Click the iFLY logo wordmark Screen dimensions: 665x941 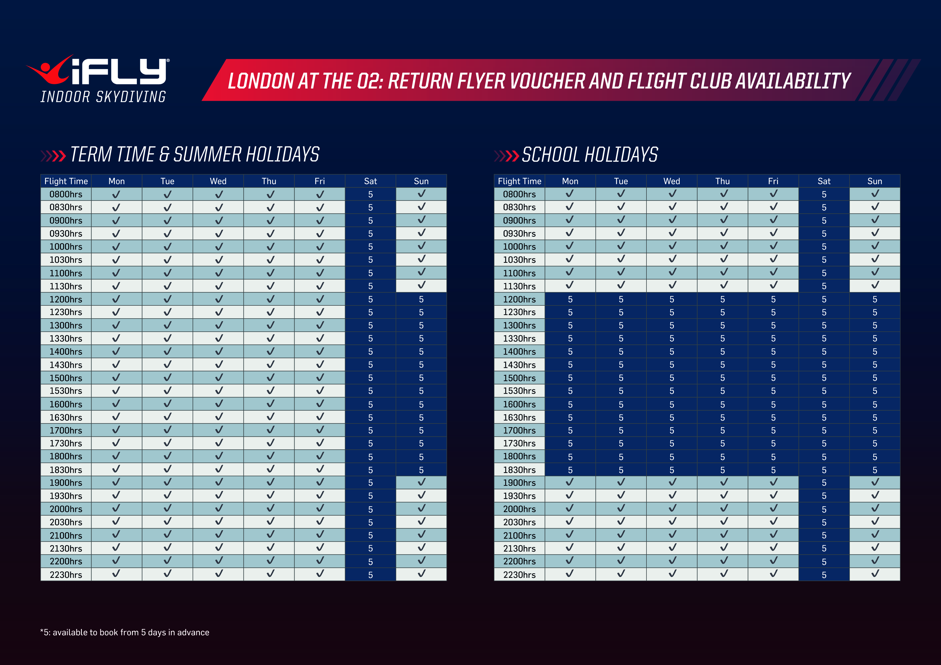119,72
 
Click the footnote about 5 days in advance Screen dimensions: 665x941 124,632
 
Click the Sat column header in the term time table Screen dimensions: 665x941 370,181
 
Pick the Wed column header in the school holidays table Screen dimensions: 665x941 671,181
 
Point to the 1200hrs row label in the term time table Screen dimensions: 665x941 66,299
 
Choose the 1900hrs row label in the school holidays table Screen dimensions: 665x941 519,483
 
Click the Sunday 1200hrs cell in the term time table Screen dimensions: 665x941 421,299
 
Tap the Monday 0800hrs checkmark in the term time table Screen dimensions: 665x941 116,194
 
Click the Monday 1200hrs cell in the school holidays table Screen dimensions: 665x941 570,299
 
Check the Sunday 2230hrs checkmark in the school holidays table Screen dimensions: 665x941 874,574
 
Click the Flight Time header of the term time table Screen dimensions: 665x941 66,181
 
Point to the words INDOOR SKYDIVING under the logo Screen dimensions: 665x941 103,97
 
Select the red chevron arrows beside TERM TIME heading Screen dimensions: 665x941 54,156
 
